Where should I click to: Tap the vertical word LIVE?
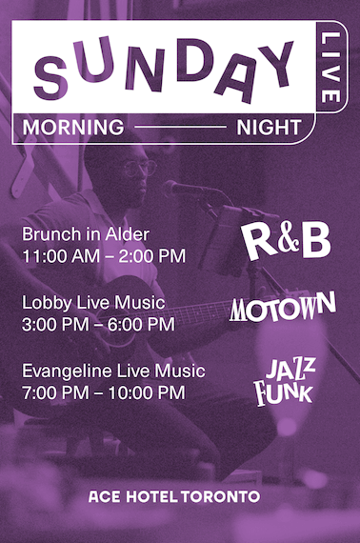[330, 68]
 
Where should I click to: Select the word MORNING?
[73, 127]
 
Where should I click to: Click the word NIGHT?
[269, 127]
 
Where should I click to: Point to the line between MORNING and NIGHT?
[180, 127]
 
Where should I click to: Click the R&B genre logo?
[287, 241]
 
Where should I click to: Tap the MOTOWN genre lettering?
[283, 307]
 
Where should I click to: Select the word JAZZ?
[290, 370]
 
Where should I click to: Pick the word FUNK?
[283, 392]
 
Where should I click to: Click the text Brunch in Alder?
[86, 234]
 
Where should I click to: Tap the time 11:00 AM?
[61, 256]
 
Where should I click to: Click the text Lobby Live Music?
[93, 303]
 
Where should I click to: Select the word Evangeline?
[68, 372]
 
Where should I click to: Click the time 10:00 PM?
[147, 392]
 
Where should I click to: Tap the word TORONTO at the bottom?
[221, 496]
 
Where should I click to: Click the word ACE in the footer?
[105, 496]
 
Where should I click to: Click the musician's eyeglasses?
[139, 169]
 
